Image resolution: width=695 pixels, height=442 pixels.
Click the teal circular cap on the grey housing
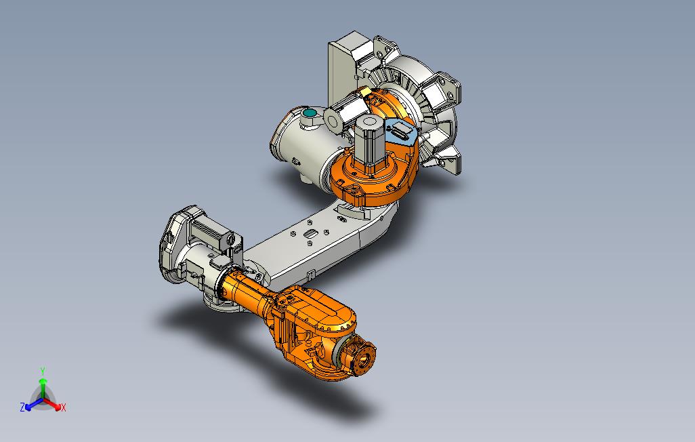pyautogui.click(x=310, y=113)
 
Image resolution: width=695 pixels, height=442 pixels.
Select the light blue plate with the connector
pyautogui.click(x=400, y=131)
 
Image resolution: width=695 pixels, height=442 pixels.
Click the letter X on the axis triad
pyautogui.click(x=64, y=407)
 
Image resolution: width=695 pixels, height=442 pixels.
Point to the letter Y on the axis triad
pyautogui.click(x=43, y=371)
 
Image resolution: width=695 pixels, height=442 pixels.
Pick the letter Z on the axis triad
pyautogui.click(x=22, y=407)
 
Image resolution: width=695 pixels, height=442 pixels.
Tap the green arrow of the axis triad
pyautogui.click(x=43, y=388)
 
